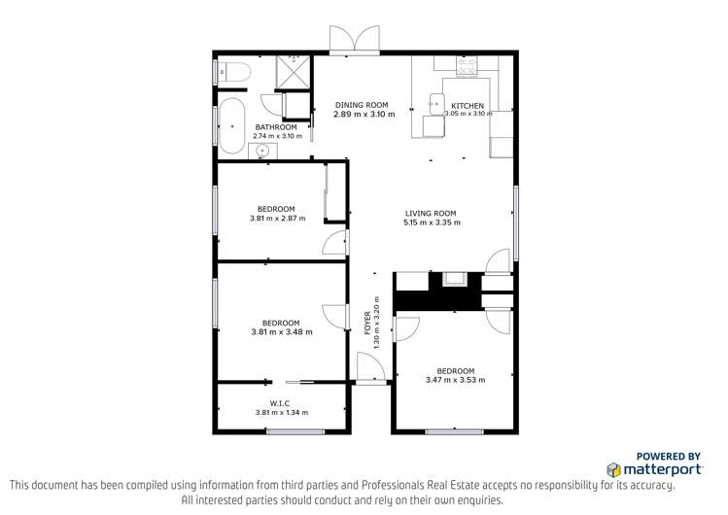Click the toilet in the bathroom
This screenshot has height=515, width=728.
click(x=233, y=71)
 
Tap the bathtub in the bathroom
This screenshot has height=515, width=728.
click(x=231, y=124)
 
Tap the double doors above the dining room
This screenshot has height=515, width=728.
click(x=354, y=40)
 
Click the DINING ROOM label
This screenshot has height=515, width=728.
click(x=362, y=105)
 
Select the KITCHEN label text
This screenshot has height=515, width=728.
click(x=468, y=105)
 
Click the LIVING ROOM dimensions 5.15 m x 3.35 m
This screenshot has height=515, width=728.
click(x=431, y=223)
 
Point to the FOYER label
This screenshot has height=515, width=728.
click(x=367, y=322)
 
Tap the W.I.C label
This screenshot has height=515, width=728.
click(x=281, y=402)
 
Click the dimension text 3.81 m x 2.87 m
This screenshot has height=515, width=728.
click(x=277, y=219)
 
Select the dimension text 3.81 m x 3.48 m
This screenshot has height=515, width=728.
click(x=281, y=332)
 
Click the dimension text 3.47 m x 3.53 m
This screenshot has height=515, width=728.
click(x=455, y=380)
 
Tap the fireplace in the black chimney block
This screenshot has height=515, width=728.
click(x=454, y=281)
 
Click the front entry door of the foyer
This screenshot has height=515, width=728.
click(x=370, y=369)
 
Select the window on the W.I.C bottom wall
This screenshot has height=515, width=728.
click(x=282, y=430)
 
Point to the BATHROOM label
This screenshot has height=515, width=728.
click(x=276, y=127)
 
